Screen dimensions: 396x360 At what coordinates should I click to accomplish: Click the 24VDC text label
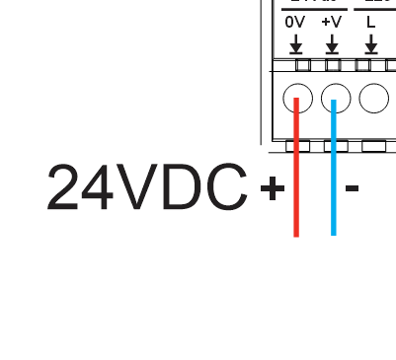click(147, 187)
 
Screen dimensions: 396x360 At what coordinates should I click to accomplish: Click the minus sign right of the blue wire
click(352, 187)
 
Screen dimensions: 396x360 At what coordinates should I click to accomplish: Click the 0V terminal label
click(295, 21)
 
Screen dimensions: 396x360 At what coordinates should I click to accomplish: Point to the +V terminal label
click(332, 21)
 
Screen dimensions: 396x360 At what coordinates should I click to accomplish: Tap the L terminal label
click(371, 21)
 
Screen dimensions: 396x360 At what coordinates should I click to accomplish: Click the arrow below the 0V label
click(295, 44)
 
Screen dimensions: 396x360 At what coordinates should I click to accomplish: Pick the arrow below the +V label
click(333, 44)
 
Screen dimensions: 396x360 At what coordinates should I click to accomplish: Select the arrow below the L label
click(371, 44)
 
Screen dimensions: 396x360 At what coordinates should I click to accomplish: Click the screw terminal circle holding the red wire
click(297, 98)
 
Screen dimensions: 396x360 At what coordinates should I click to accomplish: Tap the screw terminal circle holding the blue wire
click(336, 98)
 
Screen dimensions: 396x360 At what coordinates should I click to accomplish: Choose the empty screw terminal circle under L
click(374, 98)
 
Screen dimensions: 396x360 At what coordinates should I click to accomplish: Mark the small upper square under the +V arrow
click(334, 65)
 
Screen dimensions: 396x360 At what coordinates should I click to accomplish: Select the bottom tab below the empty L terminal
click(374, 146)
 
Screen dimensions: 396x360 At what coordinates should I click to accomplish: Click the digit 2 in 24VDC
click(65, 187)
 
